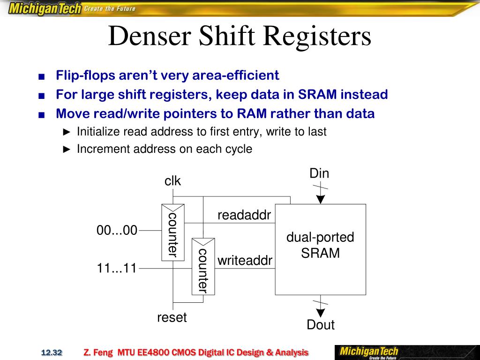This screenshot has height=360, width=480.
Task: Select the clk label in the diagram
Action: coord(172,181)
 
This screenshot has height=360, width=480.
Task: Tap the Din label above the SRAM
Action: coord(319,174)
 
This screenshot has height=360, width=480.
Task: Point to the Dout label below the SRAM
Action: coord(321,325)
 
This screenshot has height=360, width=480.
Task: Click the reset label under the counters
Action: coord(172,318)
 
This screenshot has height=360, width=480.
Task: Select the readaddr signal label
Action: coord(244,215)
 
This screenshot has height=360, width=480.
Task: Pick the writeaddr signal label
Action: coord(245,261)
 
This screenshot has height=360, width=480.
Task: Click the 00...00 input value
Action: coord(117,231)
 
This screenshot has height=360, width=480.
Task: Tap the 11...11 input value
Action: coord(117,269)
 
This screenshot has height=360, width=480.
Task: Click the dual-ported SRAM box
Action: coord(320,249)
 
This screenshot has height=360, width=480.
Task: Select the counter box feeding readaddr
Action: coord(172,232)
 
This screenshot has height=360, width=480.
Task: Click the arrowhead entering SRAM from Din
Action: coord(320,199)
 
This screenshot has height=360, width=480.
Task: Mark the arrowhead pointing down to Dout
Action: coord(320,313)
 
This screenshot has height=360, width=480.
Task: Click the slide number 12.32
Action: coord(52,352)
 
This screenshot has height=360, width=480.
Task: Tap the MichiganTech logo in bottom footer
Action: coord(369,352)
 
